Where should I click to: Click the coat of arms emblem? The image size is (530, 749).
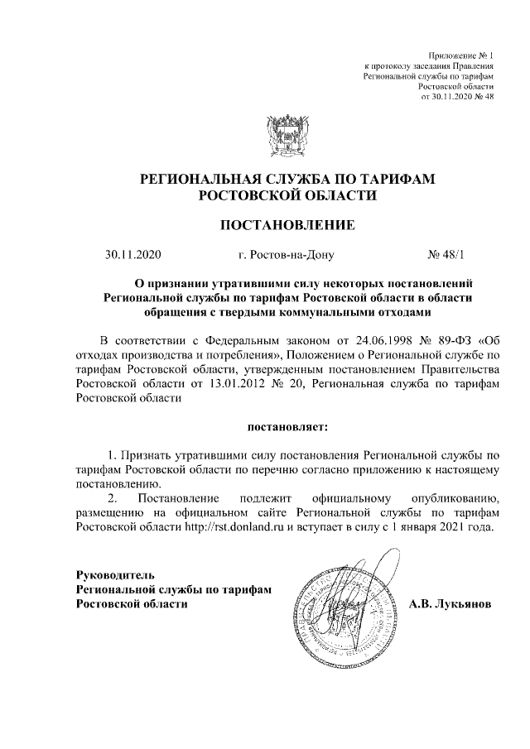tap(287, 136)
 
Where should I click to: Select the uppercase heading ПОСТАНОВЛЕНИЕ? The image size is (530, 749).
tap(287, 224)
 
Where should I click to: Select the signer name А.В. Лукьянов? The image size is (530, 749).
tap(450, 604)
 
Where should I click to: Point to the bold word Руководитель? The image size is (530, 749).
tap(114, 574)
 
